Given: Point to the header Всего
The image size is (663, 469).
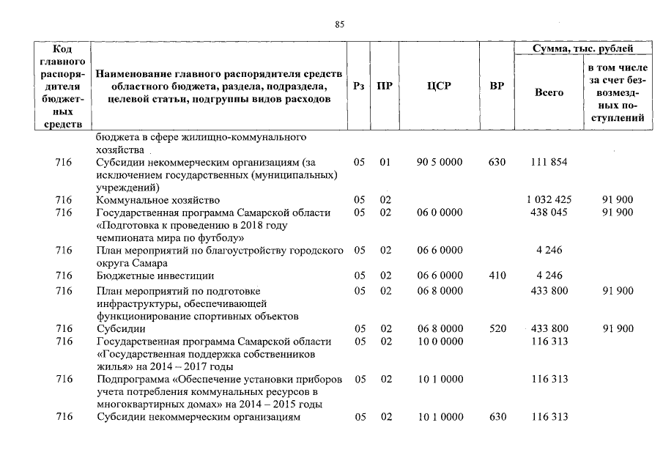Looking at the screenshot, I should (x=549, y=93).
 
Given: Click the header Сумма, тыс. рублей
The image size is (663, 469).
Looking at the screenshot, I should (x=582, y=48).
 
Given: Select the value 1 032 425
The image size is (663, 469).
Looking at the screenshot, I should (x=549, y=199).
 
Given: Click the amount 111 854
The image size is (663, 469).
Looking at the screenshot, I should (x=549, y=162).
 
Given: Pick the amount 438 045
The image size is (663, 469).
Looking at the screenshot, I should (x=549, y=213).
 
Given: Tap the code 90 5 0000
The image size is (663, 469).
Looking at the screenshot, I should (x=440, y=162).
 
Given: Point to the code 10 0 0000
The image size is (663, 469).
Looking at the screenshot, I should (x=440, y=341).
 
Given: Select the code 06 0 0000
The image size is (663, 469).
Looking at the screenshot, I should (x=440, y=213).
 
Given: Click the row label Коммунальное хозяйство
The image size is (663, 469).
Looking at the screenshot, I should (x=158, y=199).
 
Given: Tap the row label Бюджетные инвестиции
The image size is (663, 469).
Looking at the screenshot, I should (x=155, y=276).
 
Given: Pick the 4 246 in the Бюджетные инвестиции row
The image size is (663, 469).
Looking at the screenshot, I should (x=549, y=276).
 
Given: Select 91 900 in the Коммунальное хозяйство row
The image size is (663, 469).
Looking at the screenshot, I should (x=618, y=199).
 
